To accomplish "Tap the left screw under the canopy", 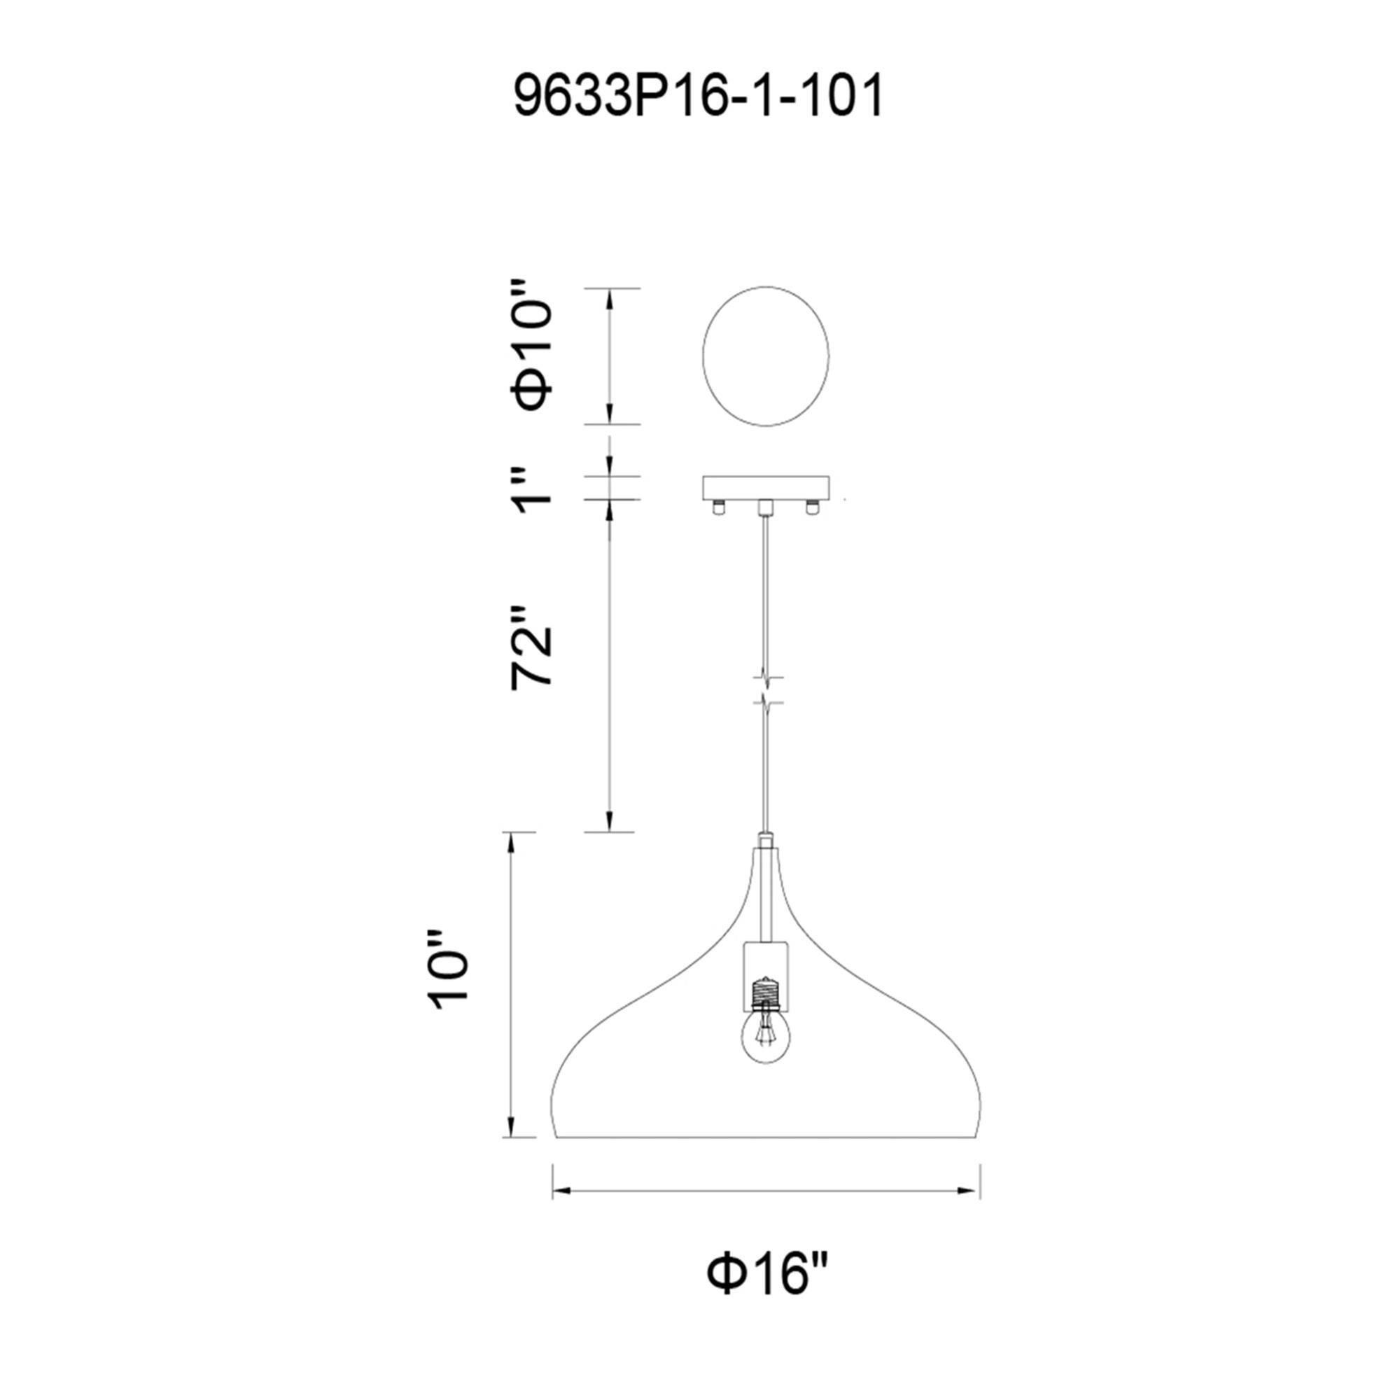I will point(718,508).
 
